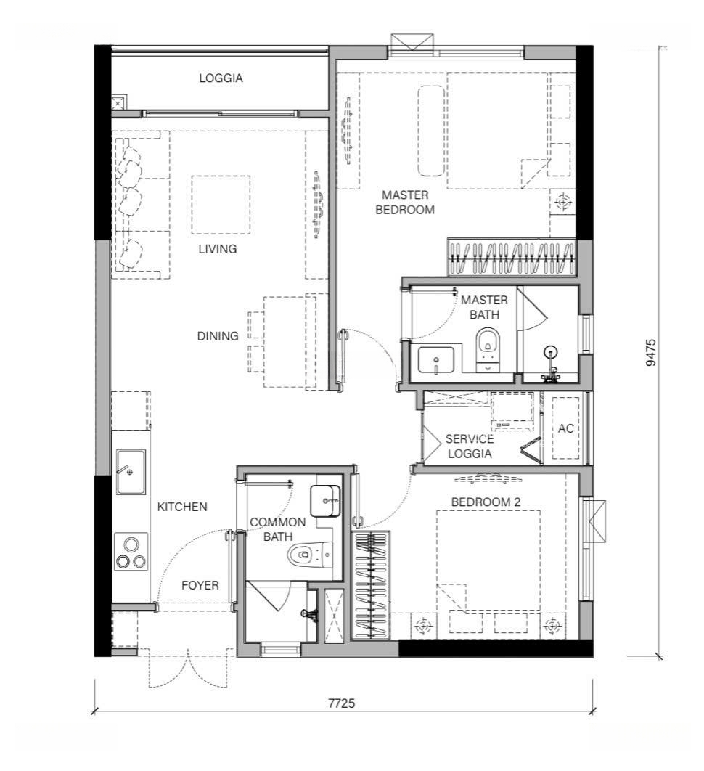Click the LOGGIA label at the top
[x=221, y=78]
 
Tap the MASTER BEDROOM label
[x=405, y=202]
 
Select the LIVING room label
[x=218, y=249]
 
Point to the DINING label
[x=218, y=336]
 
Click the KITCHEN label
[x=182, y=507]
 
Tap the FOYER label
[x=200, y=585]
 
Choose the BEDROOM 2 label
[x=486, y=502]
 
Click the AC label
[x=566, y=428]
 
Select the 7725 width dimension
[x=342, y=703]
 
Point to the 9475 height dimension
[x=651, y=353]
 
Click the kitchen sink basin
[x=131, y=472]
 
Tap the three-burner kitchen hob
[x=131, y=552]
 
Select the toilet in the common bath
[x=309, y=555]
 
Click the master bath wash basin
[x=436, y=360]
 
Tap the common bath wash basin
[x=325, y=501]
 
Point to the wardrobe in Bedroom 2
[x=371, y=585]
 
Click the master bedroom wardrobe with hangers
[x=511, y=258]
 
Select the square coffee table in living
[x=221, y=205]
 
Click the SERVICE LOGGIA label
[x=469, y=446]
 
